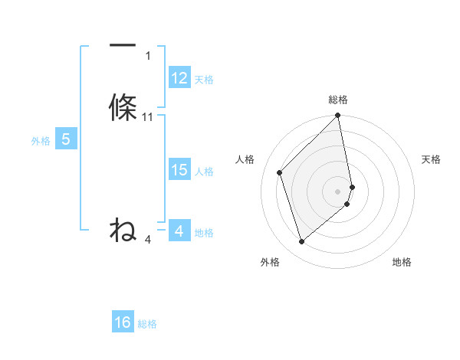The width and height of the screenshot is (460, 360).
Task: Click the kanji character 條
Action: pos(123,108)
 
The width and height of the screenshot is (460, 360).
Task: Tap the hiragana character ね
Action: pos(123,229)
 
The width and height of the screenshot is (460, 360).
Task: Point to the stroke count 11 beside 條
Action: pos(148,117)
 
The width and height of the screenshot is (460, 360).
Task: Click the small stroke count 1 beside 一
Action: pos(148,56)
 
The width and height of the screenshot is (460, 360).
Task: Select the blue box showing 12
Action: pos(179,78)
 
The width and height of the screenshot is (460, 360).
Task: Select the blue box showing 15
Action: pos(179,170)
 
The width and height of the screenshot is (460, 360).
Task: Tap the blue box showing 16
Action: pos(123,322)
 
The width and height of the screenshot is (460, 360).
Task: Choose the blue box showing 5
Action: pos(66,139)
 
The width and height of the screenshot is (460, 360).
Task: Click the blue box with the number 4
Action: pos(179,231)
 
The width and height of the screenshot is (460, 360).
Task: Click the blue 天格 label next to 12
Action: pos(204,80)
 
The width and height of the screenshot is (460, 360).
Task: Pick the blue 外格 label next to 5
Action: pos(41,141)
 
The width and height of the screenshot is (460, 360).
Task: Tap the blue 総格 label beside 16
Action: pos(147,324)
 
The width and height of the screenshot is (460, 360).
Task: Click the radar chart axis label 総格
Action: pos(338,100)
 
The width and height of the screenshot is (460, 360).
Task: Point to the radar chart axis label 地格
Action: pos(402,262)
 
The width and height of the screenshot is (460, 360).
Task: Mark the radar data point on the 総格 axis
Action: pos(338,116)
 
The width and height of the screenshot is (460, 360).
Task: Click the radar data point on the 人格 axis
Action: pos(280,172)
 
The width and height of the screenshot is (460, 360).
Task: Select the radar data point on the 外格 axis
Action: pos(301,242)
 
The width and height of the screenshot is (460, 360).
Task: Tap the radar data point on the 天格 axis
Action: pos(353,186)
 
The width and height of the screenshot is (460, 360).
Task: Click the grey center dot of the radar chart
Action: pos(338,191)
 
